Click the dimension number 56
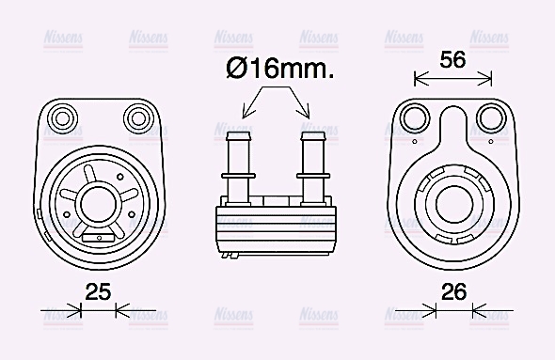click(x=453, y=59)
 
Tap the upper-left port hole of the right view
click(x=412, y=117)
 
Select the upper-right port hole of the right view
click(x=489, y=117)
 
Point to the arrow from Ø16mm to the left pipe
click(x=255, y=102)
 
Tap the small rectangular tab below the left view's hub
click(x=95, y=239)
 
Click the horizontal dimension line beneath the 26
click(x=454, y=308)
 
